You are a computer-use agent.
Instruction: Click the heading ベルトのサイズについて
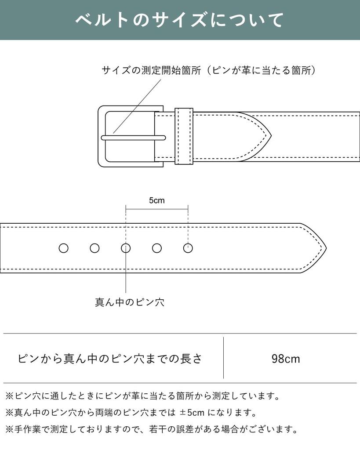(x=179, y=20)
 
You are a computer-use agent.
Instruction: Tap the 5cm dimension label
(x=156, y=201)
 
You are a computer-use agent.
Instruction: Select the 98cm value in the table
(x=286, y=359)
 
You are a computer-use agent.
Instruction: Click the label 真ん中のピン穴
(x=130, y=303)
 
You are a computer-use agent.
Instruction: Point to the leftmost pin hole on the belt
(x=64, y=248)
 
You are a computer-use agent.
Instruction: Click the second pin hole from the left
(x=95, y=248)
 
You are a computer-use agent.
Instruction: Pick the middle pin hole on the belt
(x=126, y=248)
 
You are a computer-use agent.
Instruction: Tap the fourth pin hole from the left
(x=157, y=248)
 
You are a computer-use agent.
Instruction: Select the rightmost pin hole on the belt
(x=188, y=248)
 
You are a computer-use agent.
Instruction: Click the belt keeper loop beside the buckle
(x=184, y=136)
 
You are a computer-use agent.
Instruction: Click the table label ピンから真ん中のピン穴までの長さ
(x=110, y=359)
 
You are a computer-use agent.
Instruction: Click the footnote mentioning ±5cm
(x=131, y=413)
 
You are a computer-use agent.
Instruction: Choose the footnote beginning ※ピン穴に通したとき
(x=142, y=396)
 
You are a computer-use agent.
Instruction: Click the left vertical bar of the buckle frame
(x=101, y=136)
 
